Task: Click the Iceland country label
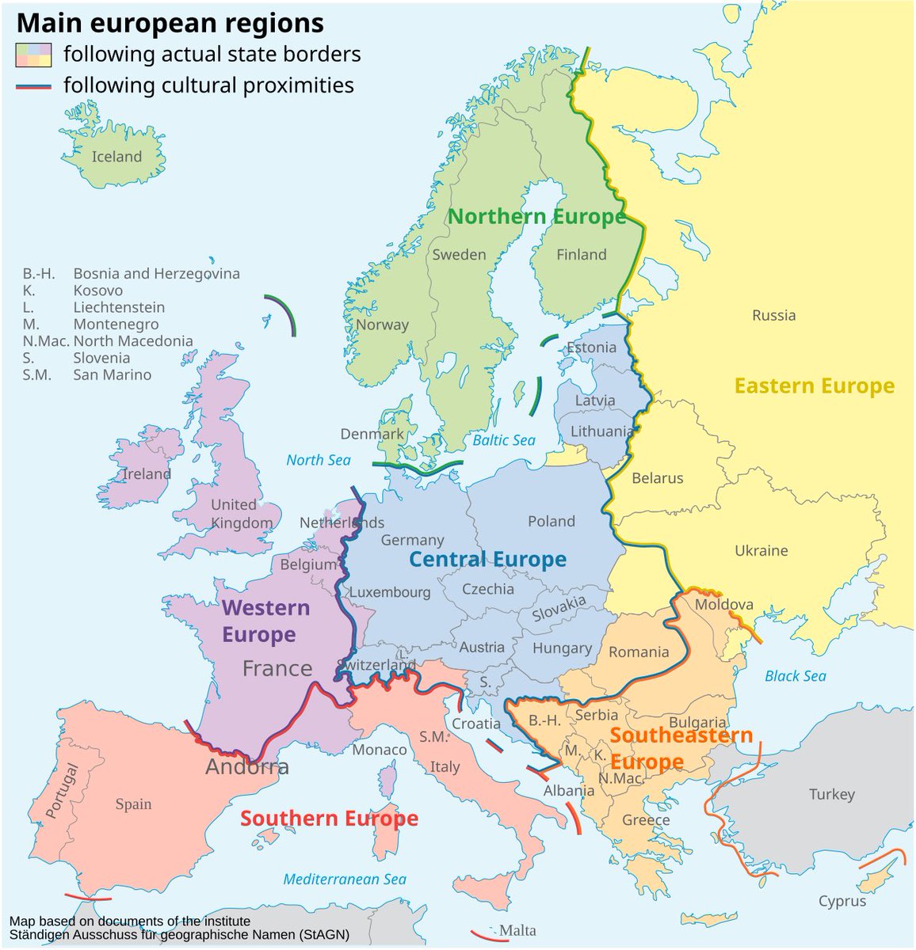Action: (x=116, y=157)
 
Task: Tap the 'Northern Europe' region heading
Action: (x=536, y=217)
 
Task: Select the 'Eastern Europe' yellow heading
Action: (x=814, y=386)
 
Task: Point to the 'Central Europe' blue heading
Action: (x=487, y=560)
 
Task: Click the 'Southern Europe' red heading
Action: (x=329, y=818)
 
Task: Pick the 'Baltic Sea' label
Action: (x=504, y=440)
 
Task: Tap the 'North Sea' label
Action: (x=318, y=460)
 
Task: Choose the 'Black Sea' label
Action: (x=795, y=676)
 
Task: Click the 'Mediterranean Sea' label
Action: (x=345, y=879)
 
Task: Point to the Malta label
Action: (x=517, y=930)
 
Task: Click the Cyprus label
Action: (x=842, y=901)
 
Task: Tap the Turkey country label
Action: (x=831, y=794)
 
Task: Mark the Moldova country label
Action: (x=723, y=605)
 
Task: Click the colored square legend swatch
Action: (x=34, y=55)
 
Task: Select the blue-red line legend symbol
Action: (x=34, y=85)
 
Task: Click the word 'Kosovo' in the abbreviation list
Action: (x=98, y=291)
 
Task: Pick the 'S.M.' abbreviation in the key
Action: (x=36, y=374)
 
